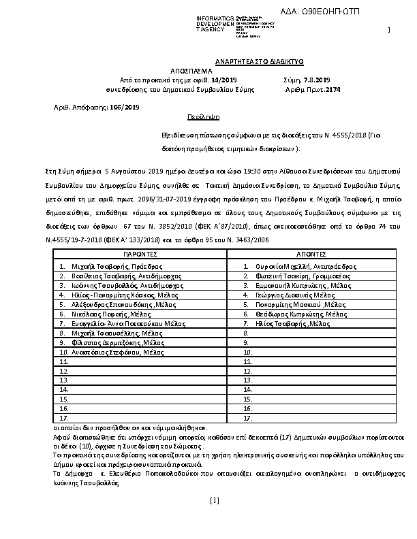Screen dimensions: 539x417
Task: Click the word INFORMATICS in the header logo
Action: click(x=214, y=17)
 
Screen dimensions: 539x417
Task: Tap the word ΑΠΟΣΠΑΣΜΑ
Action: click(x=191, y=71)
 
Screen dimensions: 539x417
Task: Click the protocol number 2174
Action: click(x=333, y=89)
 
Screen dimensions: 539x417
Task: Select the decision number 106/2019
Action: click(x=124, y=107)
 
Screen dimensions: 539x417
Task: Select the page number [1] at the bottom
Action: click(x=215, y=501)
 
